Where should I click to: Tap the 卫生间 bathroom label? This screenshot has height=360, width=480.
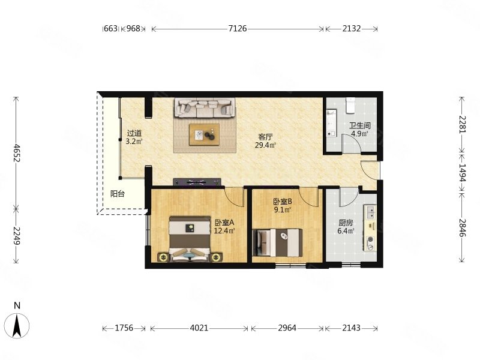(360, 125)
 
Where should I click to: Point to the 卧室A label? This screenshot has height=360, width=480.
(224, 223)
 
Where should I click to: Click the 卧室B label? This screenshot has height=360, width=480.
(282, 202)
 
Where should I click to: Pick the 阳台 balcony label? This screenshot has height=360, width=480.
(118, 194)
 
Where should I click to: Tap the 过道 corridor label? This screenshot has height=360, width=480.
(134, 133)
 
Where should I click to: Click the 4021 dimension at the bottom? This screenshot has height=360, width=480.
(199, 328)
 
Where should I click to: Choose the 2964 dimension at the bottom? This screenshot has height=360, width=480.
(287, 328)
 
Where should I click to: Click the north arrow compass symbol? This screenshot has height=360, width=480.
(17, 324)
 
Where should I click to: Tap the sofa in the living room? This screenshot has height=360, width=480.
(204, 108)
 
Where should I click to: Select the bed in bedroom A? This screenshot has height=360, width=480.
(190, 240)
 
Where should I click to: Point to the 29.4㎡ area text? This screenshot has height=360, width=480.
(265, 145)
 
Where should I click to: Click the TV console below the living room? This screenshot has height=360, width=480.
(199, 181)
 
